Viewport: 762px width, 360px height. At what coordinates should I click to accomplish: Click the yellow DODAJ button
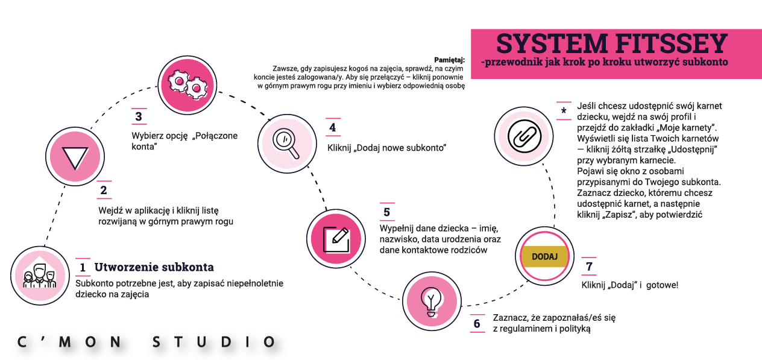tap(545, 256)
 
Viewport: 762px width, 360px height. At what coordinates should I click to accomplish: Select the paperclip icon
tap(523, 136)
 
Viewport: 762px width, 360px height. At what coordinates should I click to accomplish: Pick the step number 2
tap(104, 191)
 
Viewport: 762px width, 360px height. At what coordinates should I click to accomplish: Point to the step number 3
tap(139, 116)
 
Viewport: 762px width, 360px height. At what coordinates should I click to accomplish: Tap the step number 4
tap(333, 128)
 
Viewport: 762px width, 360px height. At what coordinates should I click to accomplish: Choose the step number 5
tap(386, 212)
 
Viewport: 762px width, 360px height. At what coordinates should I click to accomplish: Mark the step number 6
tap(477, 324)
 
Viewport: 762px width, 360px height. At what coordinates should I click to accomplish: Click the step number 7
tap(589, 267)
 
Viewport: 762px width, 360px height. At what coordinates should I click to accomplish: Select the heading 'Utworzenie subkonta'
tap(154, 267)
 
